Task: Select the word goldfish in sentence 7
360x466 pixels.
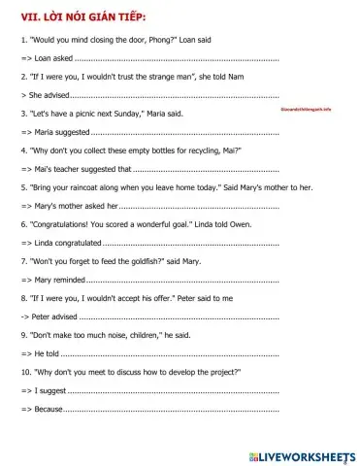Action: click(147, 261)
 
